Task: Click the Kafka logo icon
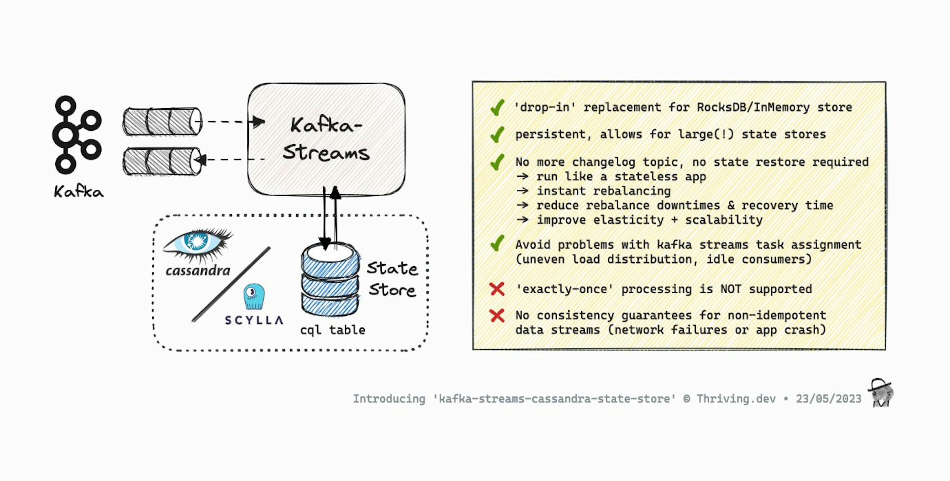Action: pos(77,135)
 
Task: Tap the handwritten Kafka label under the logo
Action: pos(79,192)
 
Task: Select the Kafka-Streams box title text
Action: pos(326,139)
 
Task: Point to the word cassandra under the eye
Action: pos(198,271)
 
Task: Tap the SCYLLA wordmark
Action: pos(254,320)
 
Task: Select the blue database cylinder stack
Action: pos(330,280)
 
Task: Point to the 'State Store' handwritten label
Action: pos(392,279)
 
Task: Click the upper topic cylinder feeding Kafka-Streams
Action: pos(162,121)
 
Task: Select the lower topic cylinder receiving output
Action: pos(162,161)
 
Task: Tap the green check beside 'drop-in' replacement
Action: pos(497,107)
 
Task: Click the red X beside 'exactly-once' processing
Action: pos(497,289)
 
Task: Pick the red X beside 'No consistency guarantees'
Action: pos(497,316)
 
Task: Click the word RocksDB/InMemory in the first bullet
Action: pos(753,107)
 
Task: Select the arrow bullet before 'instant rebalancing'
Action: pos(522,191)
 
